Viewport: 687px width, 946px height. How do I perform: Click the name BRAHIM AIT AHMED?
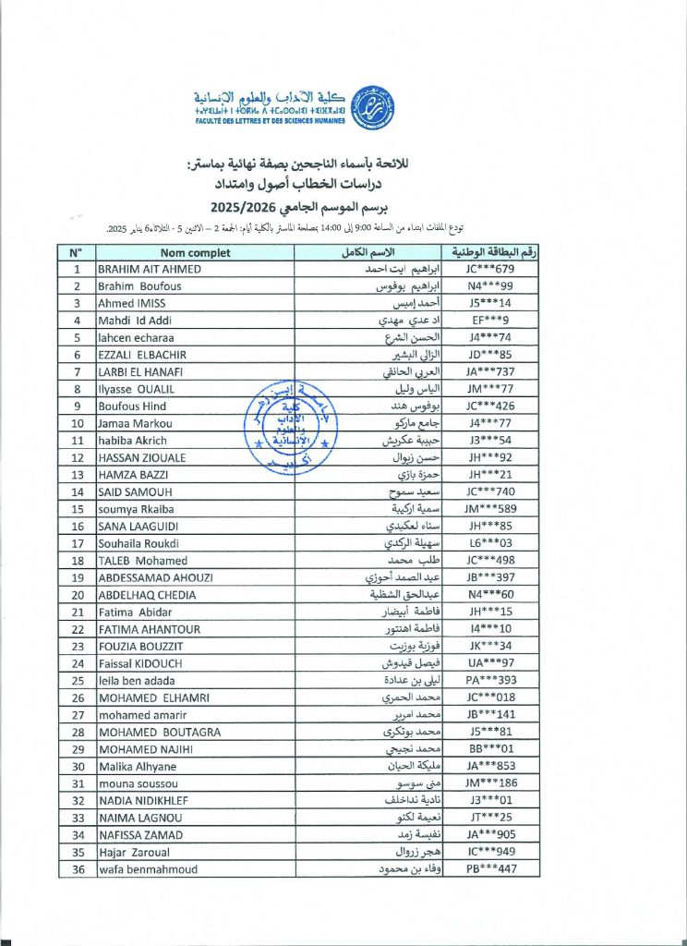(x=150, y=269)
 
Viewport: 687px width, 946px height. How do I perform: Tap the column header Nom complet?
(x=195, y=252)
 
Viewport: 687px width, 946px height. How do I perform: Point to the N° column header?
(x=77, y=252)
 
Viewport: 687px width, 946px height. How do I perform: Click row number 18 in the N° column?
(x=77, y=561)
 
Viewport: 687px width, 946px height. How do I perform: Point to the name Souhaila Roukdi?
(x=139, y=544)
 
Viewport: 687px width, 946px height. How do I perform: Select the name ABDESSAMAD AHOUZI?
(x=156, y=577)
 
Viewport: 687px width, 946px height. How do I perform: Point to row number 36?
(x=77, y=869)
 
